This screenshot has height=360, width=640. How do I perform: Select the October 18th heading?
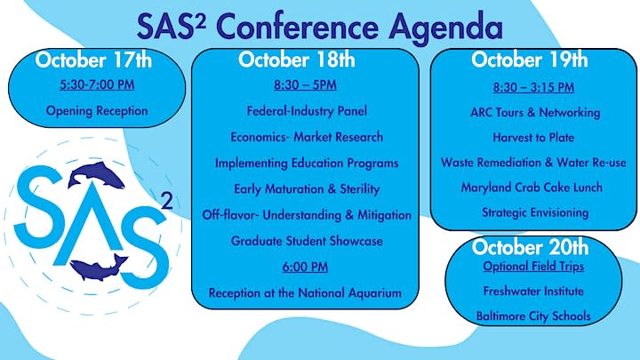pyautogui.click(x=297, y=60)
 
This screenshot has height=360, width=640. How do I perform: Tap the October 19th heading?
pyautogui.click(x=530, y=60)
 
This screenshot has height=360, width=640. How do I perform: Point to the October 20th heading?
pyautogui.click(x=531, y=246)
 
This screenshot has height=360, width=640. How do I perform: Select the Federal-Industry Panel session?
pyautogui.click(x=306, y=111)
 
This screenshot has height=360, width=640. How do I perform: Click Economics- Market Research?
pyautogui.click(x=306, y=137)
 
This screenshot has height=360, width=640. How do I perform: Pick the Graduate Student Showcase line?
pyautogui.click(x=306, y=241)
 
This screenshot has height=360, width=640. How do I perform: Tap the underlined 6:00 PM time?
pyautogui.click(x=306, y=267)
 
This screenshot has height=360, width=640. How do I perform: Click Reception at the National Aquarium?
pyautogui.click(x=306, y=292)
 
